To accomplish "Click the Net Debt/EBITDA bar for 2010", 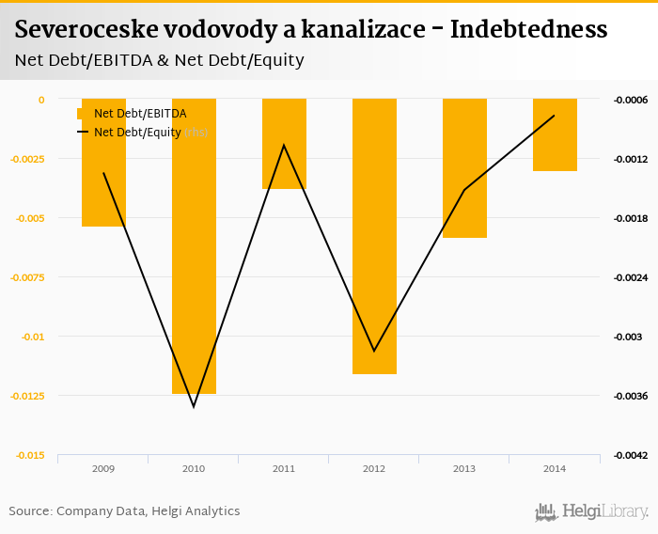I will (x=194, y=246).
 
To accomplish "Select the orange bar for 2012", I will (x=374, y=236).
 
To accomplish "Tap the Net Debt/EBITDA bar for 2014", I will (x=555, y=134).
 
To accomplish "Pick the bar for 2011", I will (x=284, y=144).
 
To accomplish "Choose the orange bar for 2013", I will (x=464, y=168).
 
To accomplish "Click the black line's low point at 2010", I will (x=194, y=407).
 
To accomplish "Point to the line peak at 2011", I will (x=284, y=145).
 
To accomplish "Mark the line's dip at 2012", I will (x=374, y=352).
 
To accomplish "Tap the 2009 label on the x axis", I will (x=103, y=468).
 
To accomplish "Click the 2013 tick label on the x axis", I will (x=464, y=468).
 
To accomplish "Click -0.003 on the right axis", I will (x=628, y=337).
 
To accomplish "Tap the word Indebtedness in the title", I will (x=528, y=30).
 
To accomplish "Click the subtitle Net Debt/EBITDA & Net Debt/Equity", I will (x=160, y=60).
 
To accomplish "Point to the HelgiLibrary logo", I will (x=592, y=511).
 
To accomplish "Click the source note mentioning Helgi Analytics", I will (x=124, y=511).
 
